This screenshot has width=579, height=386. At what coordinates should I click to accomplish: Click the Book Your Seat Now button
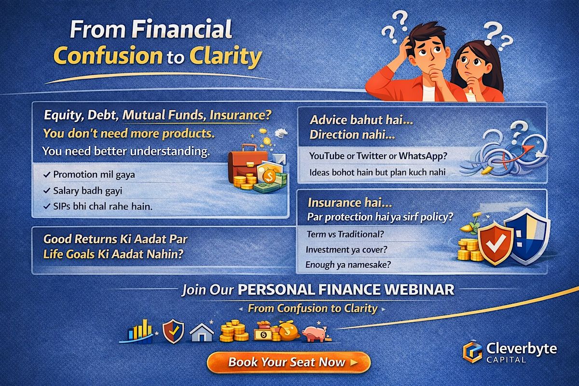[289, 362]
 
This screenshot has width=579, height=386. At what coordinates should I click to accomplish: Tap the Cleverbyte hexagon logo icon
[472, 352]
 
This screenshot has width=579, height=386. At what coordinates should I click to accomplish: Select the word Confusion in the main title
[108, 55]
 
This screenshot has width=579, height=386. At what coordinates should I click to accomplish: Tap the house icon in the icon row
[202, 332]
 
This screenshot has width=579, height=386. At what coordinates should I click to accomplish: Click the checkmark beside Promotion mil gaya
[47, 175]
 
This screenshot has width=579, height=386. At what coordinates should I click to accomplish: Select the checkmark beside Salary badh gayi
[47, 191]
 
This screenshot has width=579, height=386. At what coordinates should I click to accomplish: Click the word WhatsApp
[423, 156]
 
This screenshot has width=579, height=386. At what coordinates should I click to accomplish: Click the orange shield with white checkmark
[495, 243]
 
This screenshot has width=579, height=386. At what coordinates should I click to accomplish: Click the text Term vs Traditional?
[345, 234]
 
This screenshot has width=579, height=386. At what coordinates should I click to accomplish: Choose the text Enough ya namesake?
[348, 265]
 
